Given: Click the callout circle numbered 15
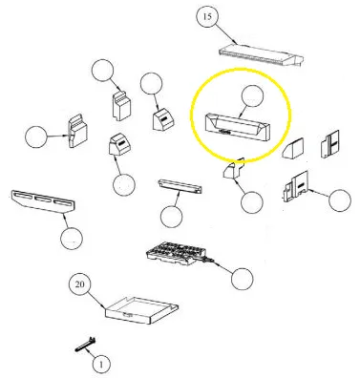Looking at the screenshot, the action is pos(207,16).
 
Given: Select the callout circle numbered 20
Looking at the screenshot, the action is pos(80,284).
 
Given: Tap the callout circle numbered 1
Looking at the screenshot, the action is pos(101,364).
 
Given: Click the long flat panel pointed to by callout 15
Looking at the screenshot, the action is pos(261,55).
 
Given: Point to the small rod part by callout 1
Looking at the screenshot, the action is pos(86,345).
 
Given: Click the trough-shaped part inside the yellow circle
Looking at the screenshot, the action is pos(237,126).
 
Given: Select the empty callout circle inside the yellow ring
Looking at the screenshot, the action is pos(253,96).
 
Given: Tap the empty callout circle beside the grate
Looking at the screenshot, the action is pos(243,279).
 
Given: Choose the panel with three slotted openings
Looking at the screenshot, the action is pos(43,201).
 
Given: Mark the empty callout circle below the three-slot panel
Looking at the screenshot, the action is pos(72,239).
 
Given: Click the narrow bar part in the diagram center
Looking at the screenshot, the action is pos(180,186).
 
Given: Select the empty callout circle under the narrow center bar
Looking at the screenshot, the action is pos(172,217).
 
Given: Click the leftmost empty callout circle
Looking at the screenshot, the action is pos(36,136).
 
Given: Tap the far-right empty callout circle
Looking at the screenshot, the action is pos(340,200).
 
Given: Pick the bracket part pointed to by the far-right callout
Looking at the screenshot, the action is pos(296,186).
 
